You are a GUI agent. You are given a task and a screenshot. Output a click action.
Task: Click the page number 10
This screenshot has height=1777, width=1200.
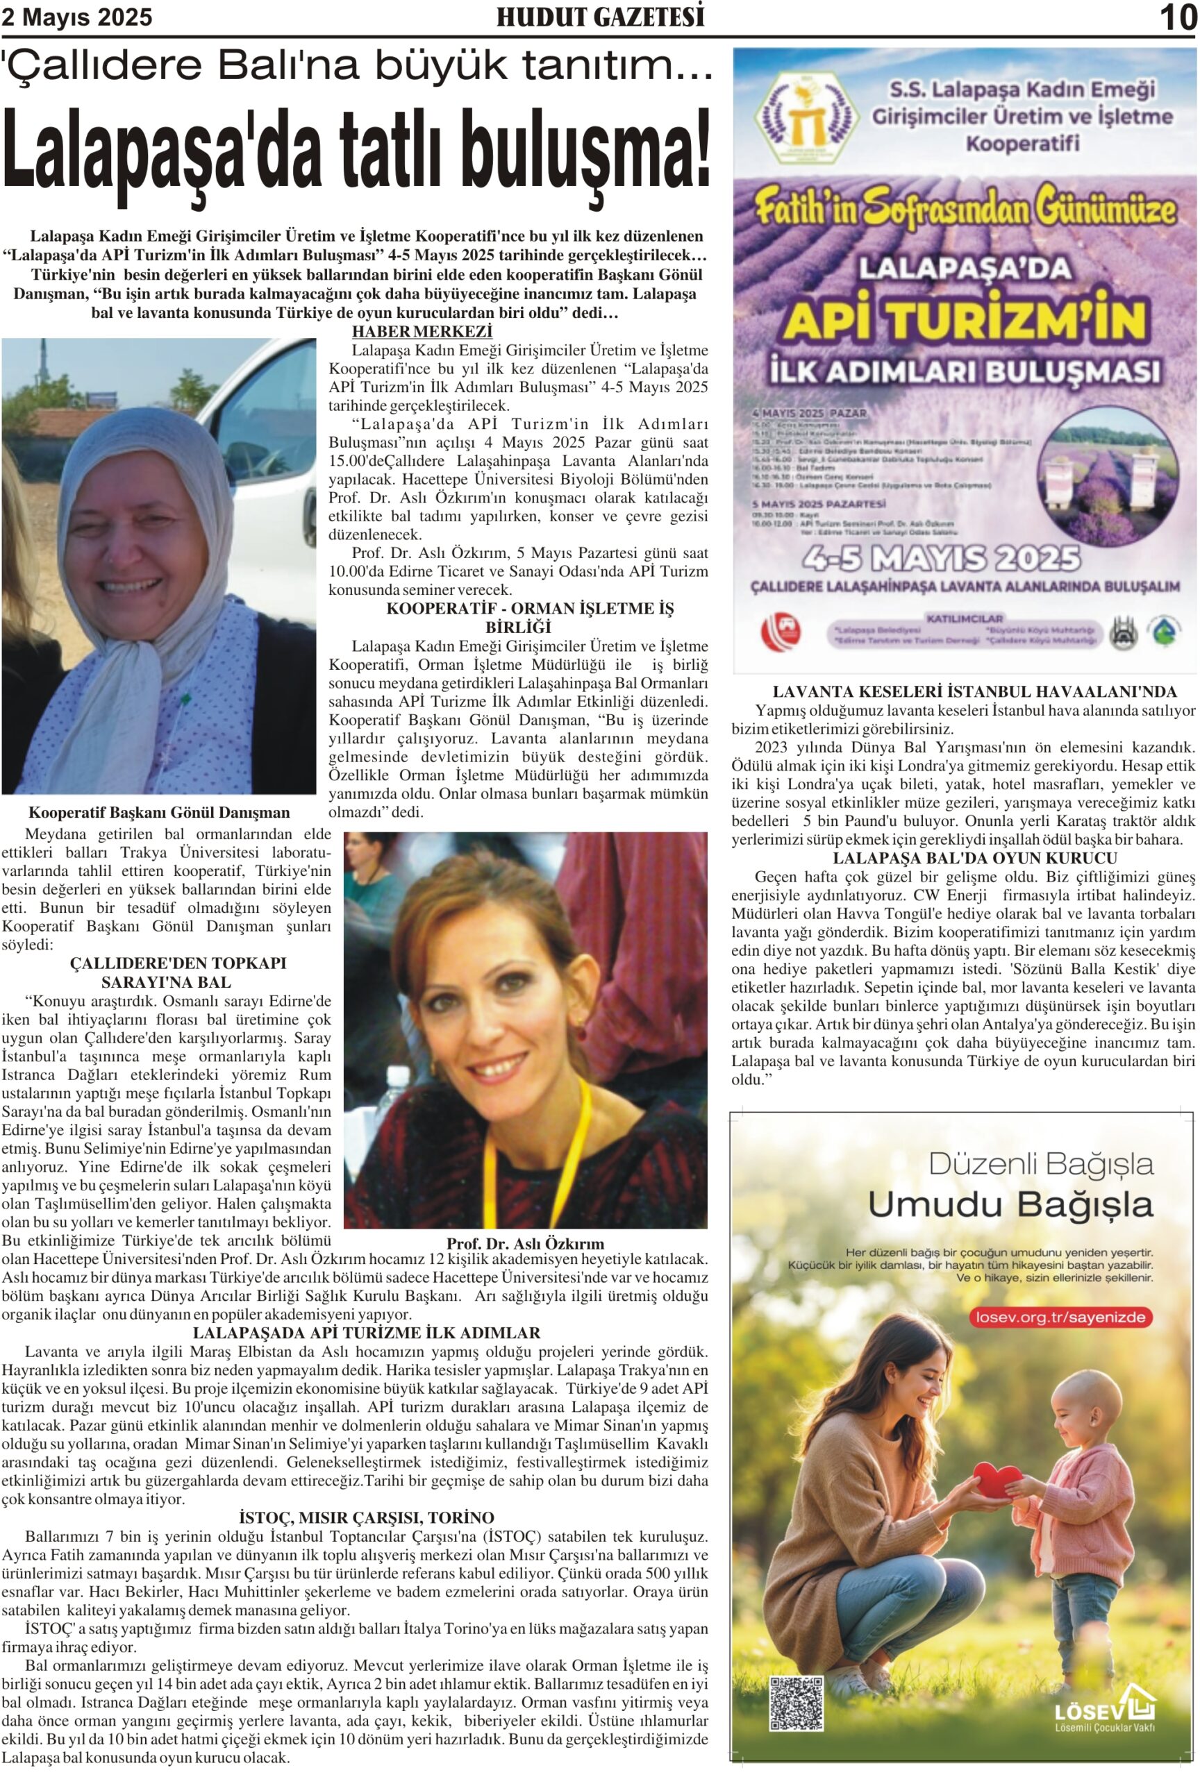point(1176,17)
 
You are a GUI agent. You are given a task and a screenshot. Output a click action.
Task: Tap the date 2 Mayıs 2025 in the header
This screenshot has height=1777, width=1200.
point(76,17)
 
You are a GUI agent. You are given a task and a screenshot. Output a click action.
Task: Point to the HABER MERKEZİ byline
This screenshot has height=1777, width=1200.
point(422,331)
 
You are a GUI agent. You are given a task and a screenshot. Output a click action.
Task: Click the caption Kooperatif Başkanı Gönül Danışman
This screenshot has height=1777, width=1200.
point(159,812)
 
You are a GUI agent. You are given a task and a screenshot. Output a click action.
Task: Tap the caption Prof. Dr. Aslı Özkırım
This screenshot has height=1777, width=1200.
point(525,1243)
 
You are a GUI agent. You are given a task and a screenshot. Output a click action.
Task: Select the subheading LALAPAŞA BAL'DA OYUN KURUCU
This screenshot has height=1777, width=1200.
point(974,858)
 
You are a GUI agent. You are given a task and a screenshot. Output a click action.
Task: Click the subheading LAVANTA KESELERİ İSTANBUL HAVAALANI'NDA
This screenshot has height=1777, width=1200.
point(974,691)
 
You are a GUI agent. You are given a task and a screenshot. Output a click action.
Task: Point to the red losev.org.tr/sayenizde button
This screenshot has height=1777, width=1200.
point(1060,1317)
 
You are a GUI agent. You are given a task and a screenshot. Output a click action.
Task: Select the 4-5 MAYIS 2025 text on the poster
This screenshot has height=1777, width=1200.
point(941,559)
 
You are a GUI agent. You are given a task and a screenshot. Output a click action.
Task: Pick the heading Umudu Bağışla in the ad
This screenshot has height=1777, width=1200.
point(1010,1204)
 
